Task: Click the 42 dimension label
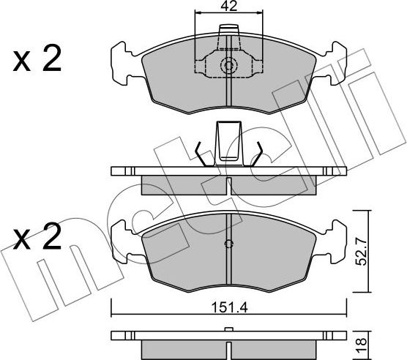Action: pyautogui.click(x=229, y=8)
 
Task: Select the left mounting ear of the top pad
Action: pyautogui.click(x=123, y=64)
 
